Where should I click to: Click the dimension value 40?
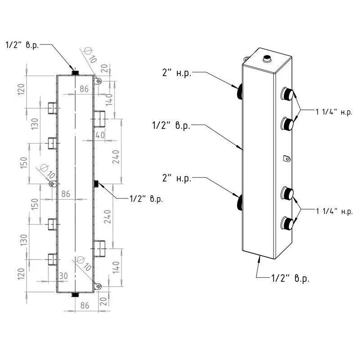pos(100,135)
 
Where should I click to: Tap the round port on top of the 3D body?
pos(266,58)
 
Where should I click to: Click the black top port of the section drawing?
pos(75,72)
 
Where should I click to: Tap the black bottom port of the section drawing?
pos(75,295)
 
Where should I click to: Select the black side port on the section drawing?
pos(96,183)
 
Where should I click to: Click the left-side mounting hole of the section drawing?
pos(52,184)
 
